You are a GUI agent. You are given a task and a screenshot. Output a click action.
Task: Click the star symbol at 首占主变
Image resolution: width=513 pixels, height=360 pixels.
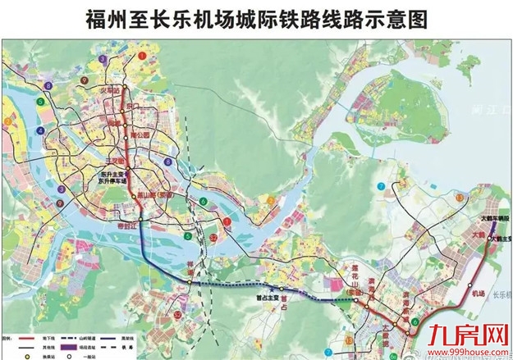point(281,289)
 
